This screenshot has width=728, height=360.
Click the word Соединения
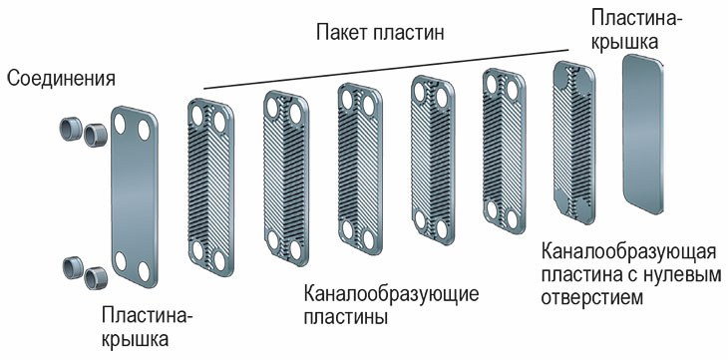coord(61,79)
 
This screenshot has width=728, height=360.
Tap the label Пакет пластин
coord(379,33)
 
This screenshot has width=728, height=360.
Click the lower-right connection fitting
coord(96,277)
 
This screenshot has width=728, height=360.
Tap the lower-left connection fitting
coord(73,266)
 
